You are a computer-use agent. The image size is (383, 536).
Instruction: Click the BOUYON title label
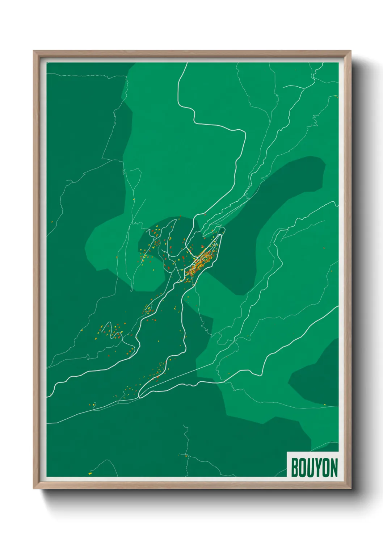coord(314,468)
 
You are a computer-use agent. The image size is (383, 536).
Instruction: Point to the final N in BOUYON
coord(334,468)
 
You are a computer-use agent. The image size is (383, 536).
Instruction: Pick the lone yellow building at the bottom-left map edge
coord(90,473)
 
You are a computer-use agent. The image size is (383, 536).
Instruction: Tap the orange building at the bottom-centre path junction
coord(186,456)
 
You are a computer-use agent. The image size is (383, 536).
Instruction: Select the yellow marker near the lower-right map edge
coord(325,405)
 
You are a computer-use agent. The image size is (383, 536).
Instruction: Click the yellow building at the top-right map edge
coord(336,96)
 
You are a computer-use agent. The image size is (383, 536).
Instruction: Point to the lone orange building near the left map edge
coord(52,222)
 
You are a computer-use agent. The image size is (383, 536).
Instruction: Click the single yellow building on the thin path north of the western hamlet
coord(133,199)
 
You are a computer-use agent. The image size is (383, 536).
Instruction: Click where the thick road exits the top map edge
coord(187,64)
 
